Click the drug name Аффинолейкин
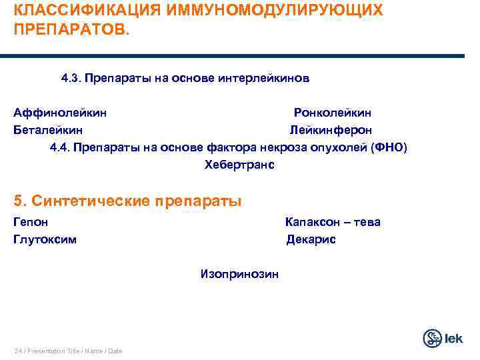[x=60, y=113]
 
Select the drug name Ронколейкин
[x=333, y=113]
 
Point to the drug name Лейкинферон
[x=330, y=130]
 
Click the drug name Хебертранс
[x=239, y=164]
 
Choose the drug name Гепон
[x=31, y=222]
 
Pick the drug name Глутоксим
[x=45, y=239]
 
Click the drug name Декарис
[x=311, y=239]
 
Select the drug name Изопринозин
[x=239, y=273]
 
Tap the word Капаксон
[x=311, y=222]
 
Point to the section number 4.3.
[x=70, y=79]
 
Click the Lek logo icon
[x=433, y=338]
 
